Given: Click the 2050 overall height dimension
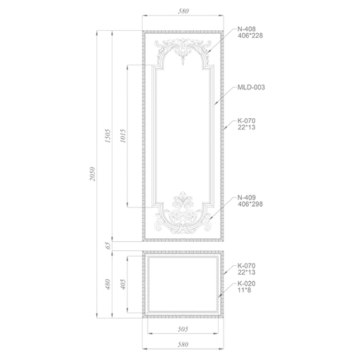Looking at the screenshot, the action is pos(93,174).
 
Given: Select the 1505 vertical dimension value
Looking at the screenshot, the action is pos(108,136).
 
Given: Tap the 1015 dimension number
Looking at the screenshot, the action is pos(123,136).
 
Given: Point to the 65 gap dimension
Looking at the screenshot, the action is pos(108,246).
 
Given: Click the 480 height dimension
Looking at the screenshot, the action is pos(108,284).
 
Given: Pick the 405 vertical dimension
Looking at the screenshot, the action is pos(123,284).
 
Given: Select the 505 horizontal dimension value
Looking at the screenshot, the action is pos(183,329).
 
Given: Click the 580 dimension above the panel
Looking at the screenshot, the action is pos(183,11).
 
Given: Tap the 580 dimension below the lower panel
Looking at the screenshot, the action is pos(183,345).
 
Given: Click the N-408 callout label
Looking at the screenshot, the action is pos(247,29).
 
